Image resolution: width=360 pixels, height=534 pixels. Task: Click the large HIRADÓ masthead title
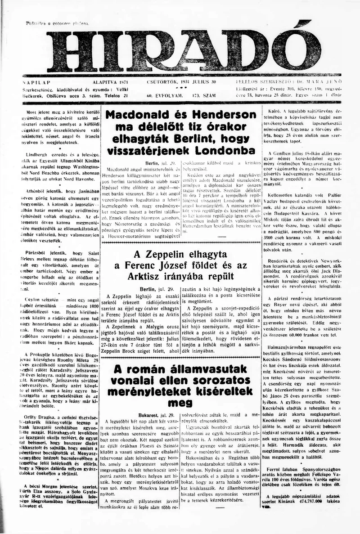tap(180, 48)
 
